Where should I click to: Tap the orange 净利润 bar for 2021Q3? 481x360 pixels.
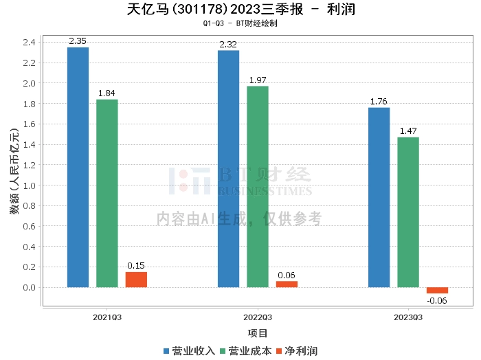(136, 280)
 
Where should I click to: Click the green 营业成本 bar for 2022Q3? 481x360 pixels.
(258, 186)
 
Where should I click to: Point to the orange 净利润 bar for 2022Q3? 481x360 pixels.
(287, 284)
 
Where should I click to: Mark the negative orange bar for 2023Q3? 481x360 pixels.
(437, 290)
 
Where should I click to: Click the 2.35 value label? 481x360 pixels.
(78, 41)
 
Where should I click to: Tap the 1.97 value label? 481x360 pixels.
(258, 80)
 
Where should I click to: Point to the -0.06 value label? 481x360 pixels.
(437, 300)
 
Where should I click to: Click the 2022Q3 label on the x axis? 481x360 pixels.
(258, 317)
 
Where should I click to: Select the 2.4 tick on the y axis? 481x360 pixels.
(29, 43)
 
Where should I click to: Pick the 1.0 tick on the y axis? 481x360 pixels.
(29, 185)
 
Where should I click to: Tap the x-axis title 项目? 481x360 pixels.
(258, 333)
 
